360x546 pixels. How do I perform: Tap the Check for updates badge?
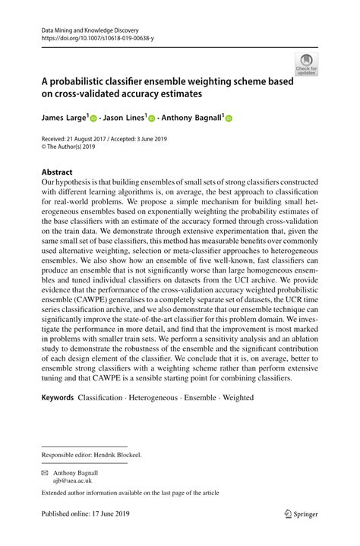coord(308,66)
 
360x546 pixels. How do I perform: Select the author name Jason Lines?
coord(125,118)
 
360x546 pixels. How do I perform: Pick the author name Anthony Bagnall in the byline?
coord(191,118)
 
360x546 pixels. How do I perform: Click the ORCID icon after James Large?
coord(93,119)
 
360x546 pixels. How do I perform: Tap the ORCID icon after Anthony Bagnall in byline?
coord(228,119)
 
